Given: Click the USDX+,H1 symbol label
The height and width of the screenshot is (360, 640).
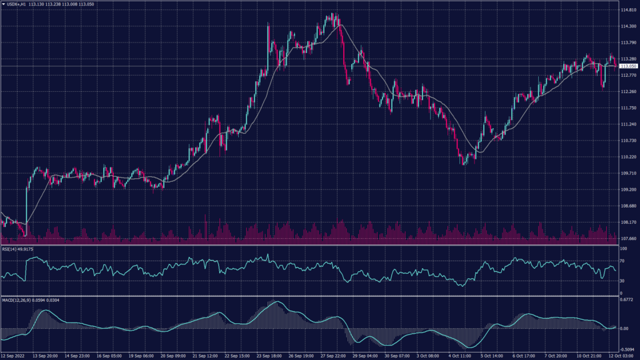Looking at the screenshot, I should coord(17,4).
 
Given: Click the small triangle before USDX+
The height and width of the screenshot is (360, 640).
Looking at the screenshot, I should coord(4,4).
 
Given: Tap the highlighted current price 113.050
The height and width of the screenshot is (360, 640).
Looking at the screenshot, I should coord(628,66).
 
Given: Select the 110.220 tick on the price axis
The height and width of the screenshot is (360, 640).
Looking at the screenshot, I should coord(627,157).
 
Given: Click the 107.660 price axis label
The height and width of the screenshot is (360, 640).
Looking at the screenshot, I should coord(627,238).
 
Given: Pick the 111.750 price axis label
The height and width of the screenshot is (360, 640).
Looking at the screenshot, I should coord(627,108).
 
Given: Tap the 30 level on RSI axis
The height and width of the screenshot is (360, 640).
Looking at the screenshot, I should coord(622,281).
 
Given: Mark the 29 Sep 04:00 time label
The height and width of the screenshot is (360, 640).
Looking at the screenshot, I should coord(364,356).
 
